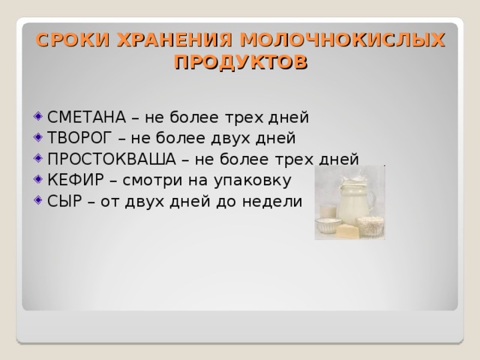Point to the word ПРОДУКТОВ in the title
[239, 62]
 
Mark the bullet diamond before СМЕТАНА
[38, 117]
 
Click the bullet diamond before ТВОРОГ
[38, 138]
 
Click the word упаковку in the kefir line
[265, 181]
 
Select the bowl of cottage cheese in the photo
[370, 224]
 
